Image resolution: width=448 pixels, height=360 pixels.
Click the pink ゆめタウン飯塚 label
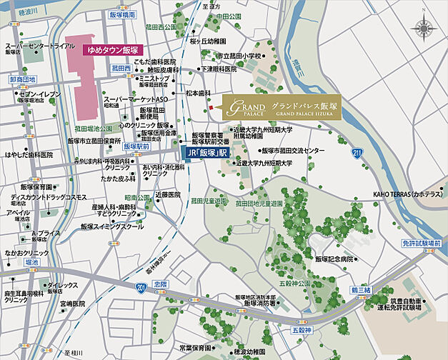[x=111, y=51]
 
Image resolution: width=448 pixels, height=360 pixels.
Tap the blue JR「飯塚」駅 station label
[x=206, y=153]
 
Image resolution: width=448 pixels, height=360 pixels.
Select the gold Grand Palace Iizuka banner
[x=281, y=108]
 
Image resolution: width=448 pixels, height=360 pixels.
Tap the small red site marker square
[x=211, y=108]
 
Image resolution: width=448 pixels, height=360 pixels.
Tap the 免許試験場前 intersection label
[x=425, y=244]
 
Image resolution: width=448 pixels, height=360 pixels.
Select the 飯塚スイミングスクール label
[x=112, y=226]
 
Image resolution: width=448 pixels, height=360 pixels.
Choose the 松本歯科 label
[x=198, y=93]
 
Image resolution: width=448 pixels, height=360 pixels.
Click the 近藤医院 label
[x=169, y=194]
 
